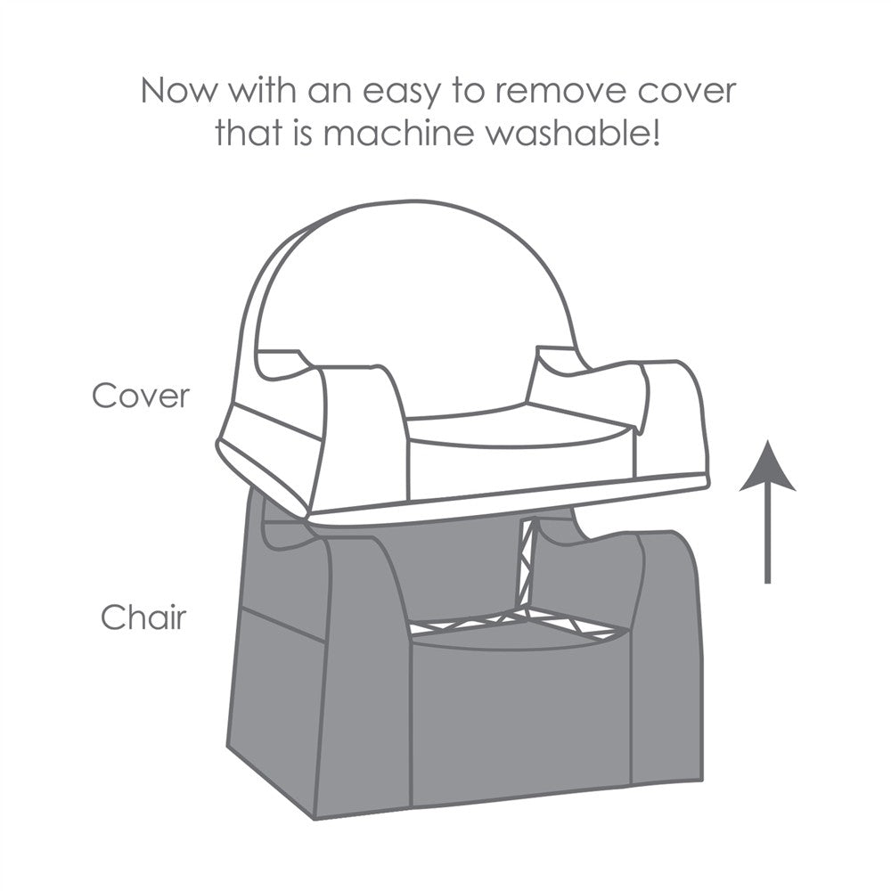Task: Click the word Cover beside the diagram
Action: tap(141, 396)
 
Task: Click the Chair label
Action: tap(143, 616)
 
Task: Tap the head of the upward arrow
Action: tap(767, 466)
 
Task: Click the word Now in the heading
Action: tap(178, 91)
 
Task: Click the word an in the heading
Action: tap(330, 93)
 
